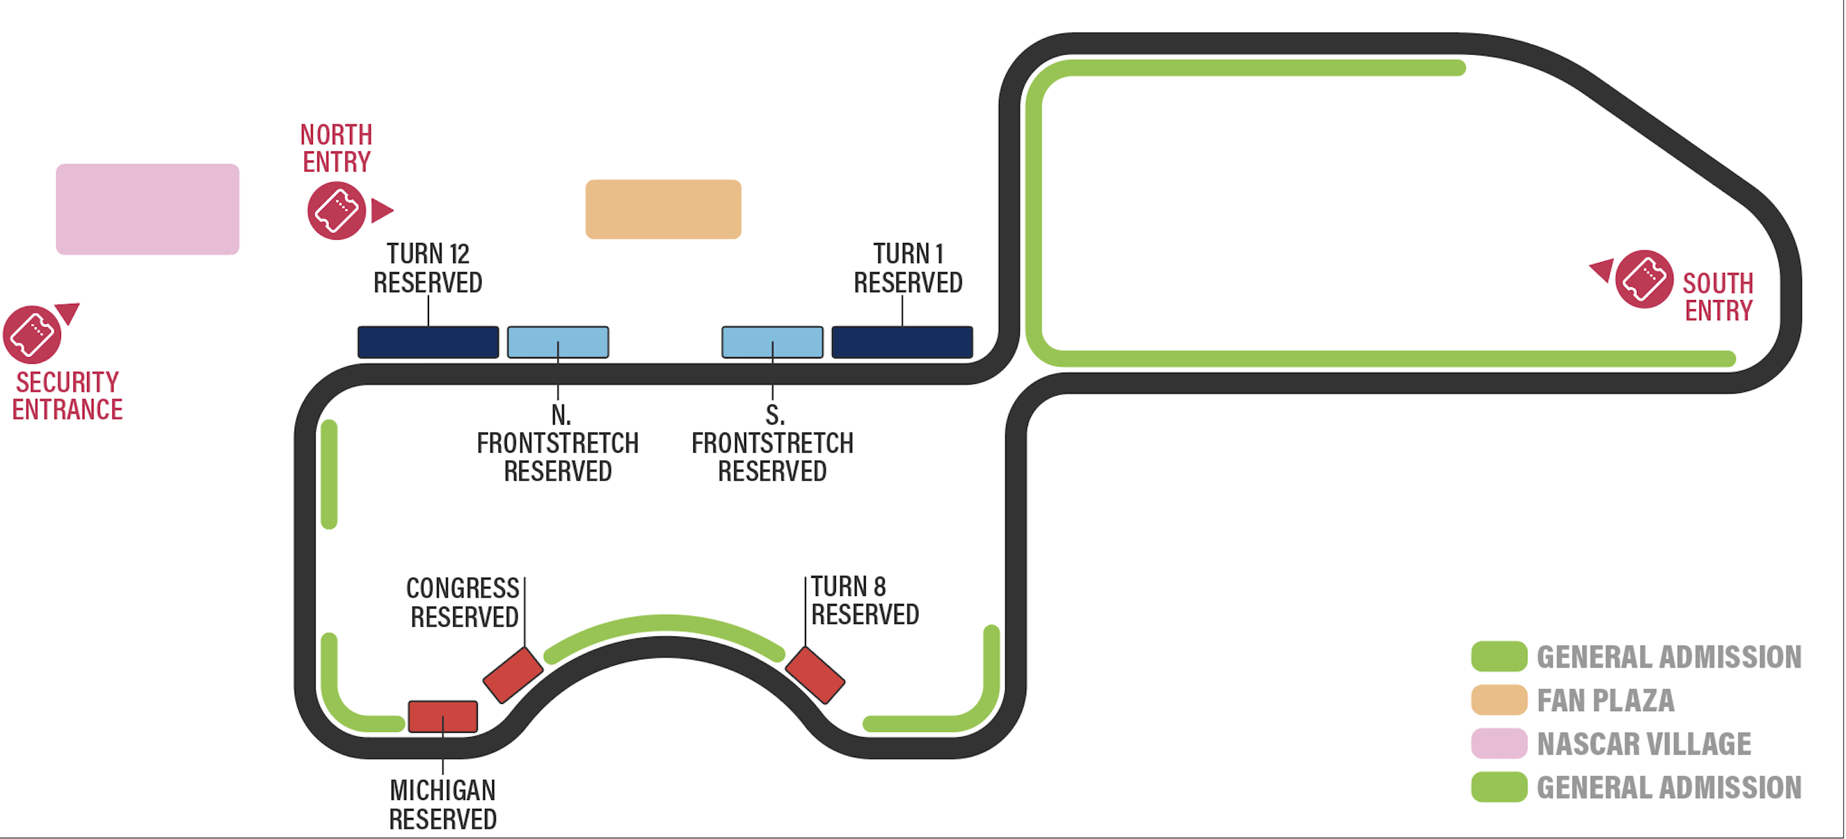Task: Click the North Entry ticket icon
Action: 336,211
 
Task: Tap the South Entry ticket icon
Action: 1644,279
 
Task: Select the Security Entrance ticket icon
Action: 32,334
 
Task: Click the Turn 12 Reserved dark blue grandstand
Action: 428,342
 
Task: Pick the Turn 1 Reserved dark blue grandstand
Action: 902,342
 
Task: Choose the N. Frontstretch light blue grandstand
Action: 558,342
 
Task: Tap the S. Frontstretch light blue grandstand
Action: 772,342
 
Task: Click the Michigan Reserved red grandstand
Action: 443,716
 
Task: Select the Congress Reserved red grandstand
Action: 513,675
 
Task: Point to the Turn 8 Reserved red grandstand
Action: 815,675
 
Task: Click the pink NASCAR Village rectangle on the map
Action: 147,208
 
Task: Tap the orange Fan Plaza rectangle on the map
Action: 663,208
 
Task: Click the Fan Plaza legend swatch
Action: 1499,700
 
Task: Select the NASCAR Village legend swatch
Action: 1499,744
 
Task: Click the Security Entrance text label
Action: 68,396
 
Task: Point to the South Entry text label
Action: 1717,297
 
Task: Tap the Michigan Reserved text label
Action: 443,805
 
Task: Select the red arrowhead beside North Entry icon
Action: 382,210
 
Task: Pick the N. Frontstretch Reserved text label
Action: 558,443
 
